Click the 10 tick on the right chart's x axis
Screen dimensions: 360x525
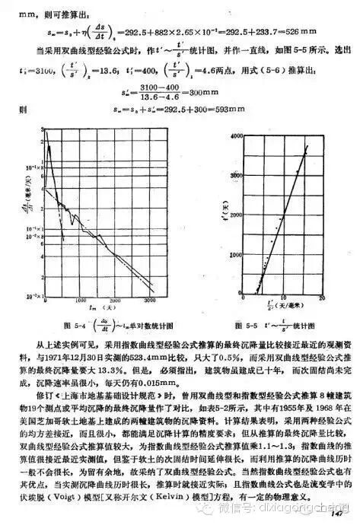(288, 300)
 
